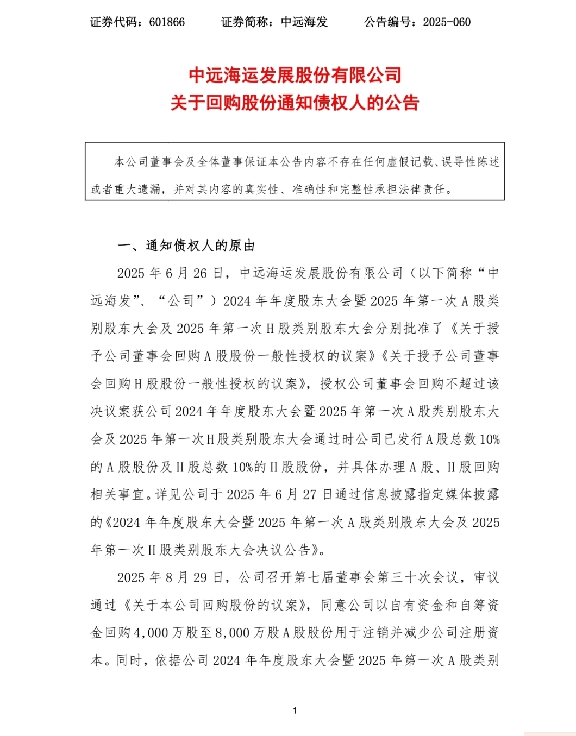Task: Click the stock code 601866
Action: tap(167, 22)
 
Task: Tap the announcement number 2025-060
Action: tap(447, 22)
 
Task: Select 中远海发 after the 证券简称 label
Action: tap(304, 22)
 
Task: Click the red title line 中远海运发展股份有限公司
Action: tap(295, 75)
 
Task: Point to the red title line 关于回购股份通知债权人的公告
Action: tap(295, 103)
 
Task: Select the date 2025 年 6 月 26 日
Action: tap(171, 273)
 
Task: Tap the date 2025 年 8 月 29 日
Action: tap(171, 578)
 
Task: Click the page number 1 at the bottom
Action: tap(295, 710)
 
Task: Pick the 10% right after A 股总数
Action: tap(489, 439)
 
